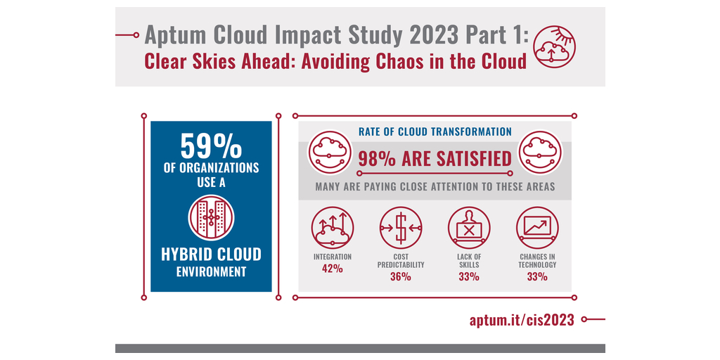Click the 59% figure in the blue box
[211, 146]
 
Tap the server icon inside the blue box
[211, 217]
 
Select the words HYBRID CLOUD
[211, 254]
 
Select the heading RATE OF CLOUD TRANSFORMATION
[435, 131]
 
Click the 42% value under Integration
[332, 269]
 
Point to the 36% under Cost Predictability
[400, 276]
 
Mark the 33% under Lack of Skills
[469, 276]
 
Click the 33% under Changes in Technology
[538, 276]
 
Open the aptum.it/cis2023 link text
[522, 320]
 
